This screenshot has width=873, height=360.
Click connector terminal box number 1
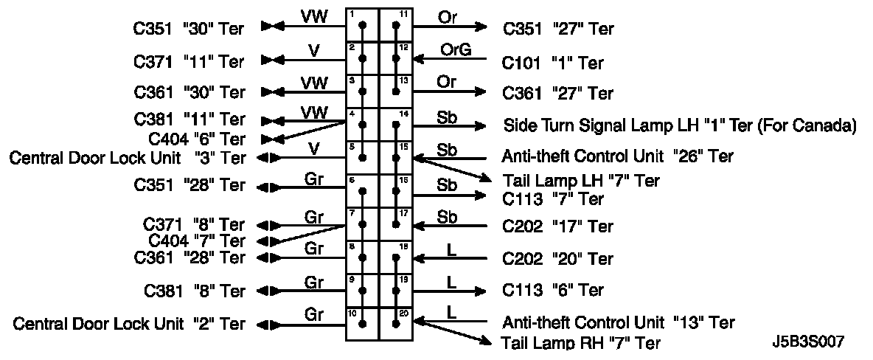362,25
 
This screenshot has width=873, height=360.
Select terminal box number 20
395,324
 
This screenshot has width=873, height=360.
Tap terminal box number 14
395,125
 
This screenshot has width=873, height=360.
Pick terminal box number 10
362,324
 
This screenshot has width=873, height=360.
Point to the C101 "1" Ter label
553,63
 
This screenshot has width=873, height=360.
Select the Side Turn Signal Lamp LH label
679,125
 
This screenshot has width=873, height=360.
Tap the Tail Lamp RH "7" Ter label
581,343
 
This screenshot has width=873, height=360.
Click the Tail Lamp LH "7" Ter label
581,181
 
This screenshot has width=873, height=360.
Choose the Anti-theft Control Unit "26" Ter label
618,156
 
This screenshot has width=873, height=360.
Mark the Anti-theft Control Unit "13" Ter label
618,322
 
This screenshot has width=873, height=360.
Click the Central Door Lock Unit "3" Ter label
128,158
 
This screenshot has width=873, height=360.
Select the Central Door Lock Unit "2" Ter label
129,324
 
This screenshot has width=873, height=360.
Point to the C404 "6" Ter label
197,139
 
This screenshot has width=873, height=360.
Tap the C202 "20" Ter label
558,259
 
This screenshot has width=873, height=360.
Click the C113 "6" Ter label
553,290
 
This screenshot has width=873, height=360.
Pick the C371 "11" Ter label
189,60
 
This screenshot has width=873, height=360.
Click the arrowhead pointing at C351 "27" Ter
481,28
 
